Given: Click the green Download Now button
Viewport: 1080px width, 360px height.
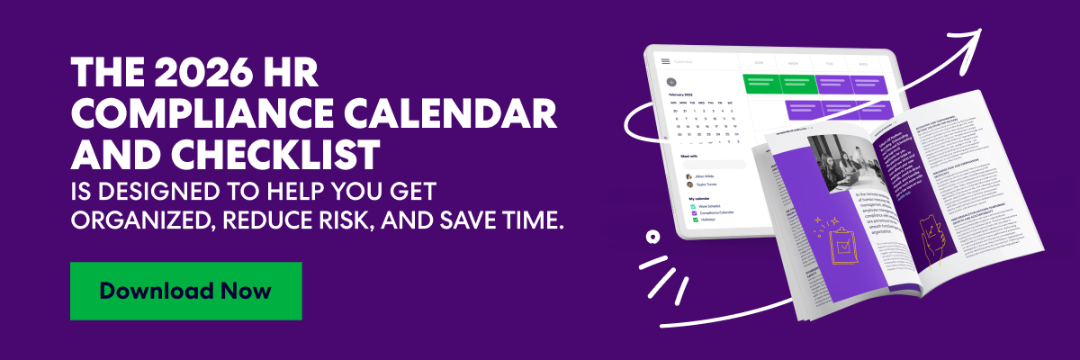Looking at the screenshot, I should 185,291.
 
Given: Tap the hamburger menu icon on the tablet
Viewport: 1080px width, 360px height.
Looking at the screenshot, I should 665,61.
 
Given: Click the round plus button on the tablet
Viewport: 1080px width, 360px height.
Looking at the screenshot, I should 670,82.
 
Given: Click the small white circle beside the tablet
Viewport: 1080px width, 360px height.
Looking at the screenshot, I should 652,238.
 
